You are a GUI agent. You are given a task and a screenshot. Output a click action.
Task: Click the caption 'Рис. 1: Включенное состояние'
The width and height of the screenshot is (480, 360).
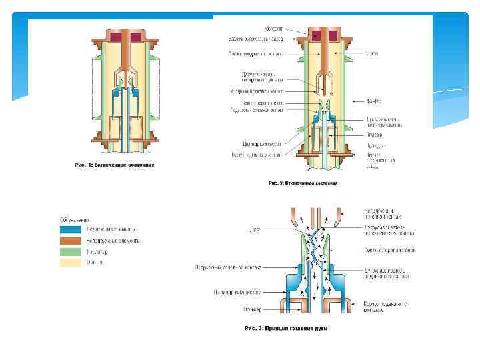coord(115,165)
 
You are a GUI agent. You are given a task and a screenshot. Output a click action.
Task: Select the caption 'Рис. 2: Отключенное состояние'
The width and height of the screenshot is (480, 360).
coord(303,183)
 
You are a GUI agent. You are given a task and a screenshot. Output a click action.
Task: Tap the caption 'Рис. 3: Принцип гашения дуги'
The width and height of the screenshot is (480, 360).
coord(287,328)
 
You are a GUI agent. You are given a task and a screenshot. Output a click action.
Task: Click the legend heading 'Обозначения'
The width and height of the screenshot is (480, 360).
coord(74,219)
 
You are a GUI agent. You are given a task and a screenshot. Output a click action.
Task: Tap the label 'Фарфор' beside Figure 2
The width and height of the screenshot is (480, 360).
coord(373,102)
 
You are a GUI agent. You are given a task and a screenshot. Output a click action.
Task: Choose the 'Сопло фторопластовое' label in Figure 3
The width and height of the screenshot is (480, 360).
coord(390,250)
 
